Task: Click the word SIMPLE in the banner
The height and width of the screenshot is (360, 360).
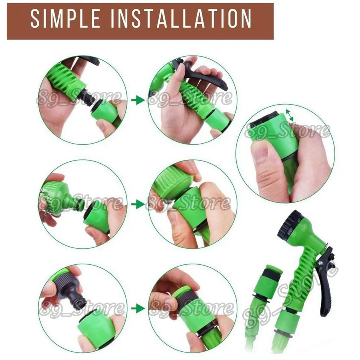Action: click(65, 19)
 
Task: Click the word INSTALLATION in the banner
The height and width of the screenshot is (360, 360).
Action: click(181, 19)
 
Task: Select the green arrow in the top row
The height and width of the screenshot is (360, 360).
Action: click(138, 100)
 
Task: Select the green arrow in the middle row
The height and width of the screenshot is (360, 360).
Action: click(138, 204)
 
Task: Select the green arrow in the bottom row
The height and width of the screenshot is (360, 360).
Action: click(138, 308)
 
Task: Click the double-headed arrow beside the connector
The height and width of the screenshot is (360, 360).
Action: click(290, 115)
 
